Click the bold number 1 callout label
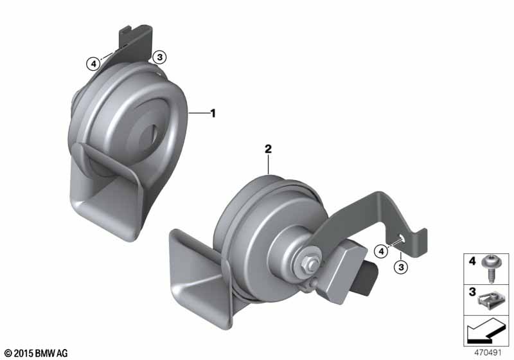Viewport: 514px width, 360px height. pyautogui.click(x=213, y=113)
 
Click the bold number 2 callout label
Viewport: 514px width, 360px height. pyautogui.click(x=268, y=149)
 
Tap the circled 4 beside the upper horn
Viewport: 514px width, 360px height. pyautogui.click(x=94, y=64)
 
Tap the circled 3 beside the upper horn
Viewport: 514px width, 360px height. pyautogui.click(x=159, y=57)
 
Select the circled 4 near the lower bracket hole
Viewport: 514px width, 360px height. pyautogui.click(x=381, y=251)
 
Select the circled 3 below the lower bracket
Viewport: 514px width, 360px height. pyautogui.click(x=401, y=267)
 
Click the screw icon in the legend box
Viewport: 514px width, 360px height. pyautogui.click(x=490, y=268)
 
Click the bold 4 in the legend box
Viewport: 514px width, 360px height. pyautogui.click(x=472, y=261)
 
